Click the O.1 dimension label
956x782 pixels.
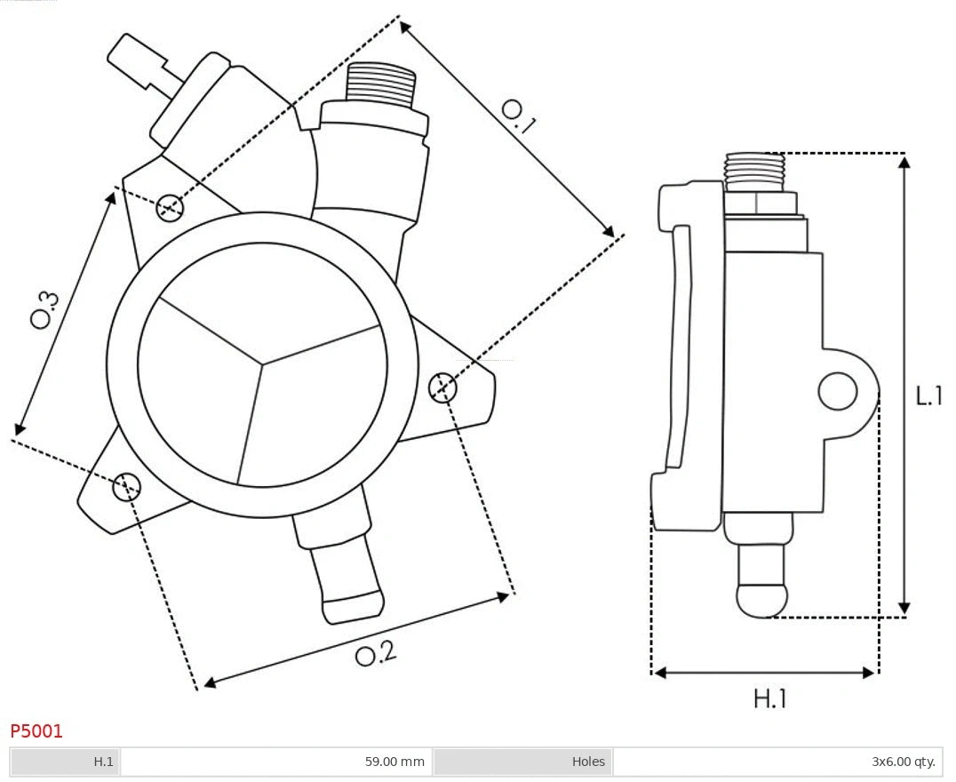[519, 116]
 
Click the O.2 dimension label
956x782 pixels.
[375, 654]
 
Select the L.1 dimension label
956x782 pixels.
[929, 396]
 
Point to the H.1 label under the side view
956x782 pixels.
[770, 698]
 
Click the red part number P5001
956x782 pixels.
[36, 731]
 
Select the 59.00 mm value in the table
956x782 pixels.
[394, 762]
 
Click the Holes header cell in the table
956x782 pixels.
[587, 762]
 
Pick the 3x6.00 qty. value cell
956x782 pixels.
[903, 762]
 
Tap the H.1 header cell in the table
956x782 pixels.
[104, 762]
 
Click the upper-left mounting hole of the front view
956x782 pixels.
[169, 208]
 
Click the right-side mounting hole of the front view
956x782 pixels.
[442, 388]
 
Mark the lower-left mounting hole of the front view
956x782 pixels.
[126, 486]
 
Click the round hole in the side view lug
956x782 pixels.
[837, 391]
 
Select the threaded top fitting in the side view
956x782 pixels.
[754, 171]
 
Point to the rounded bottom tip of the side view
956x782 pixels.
[762, 599]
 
